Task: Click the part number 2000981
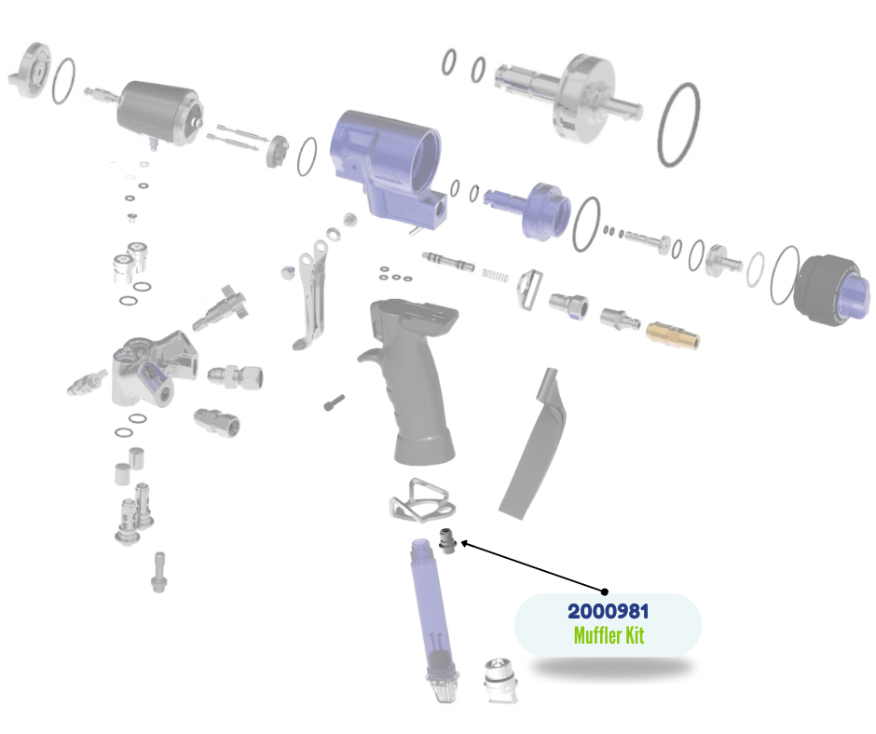click(x=608, y=611)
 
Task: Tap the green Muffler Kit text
click(x=609, y=635)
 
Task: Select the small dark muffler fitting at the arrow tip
click(x=448, y=541)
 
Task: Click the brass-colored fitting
click(x=673, y=334)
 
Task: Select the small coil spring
click(x=495, y=275)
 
